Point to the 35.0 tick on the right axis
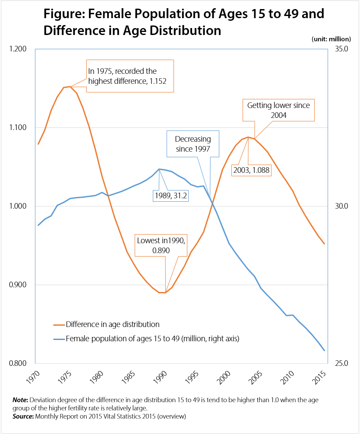point(338,49)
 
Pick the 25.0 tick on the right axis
point(338,363)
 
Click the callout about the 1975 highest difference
point(130,76)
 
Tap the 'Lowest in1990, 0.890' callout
point(157,245)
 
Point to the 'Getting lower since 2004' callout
point(278,110)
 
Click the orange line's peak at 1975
point(70,87)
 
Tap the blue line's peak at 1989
point(159,169)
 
